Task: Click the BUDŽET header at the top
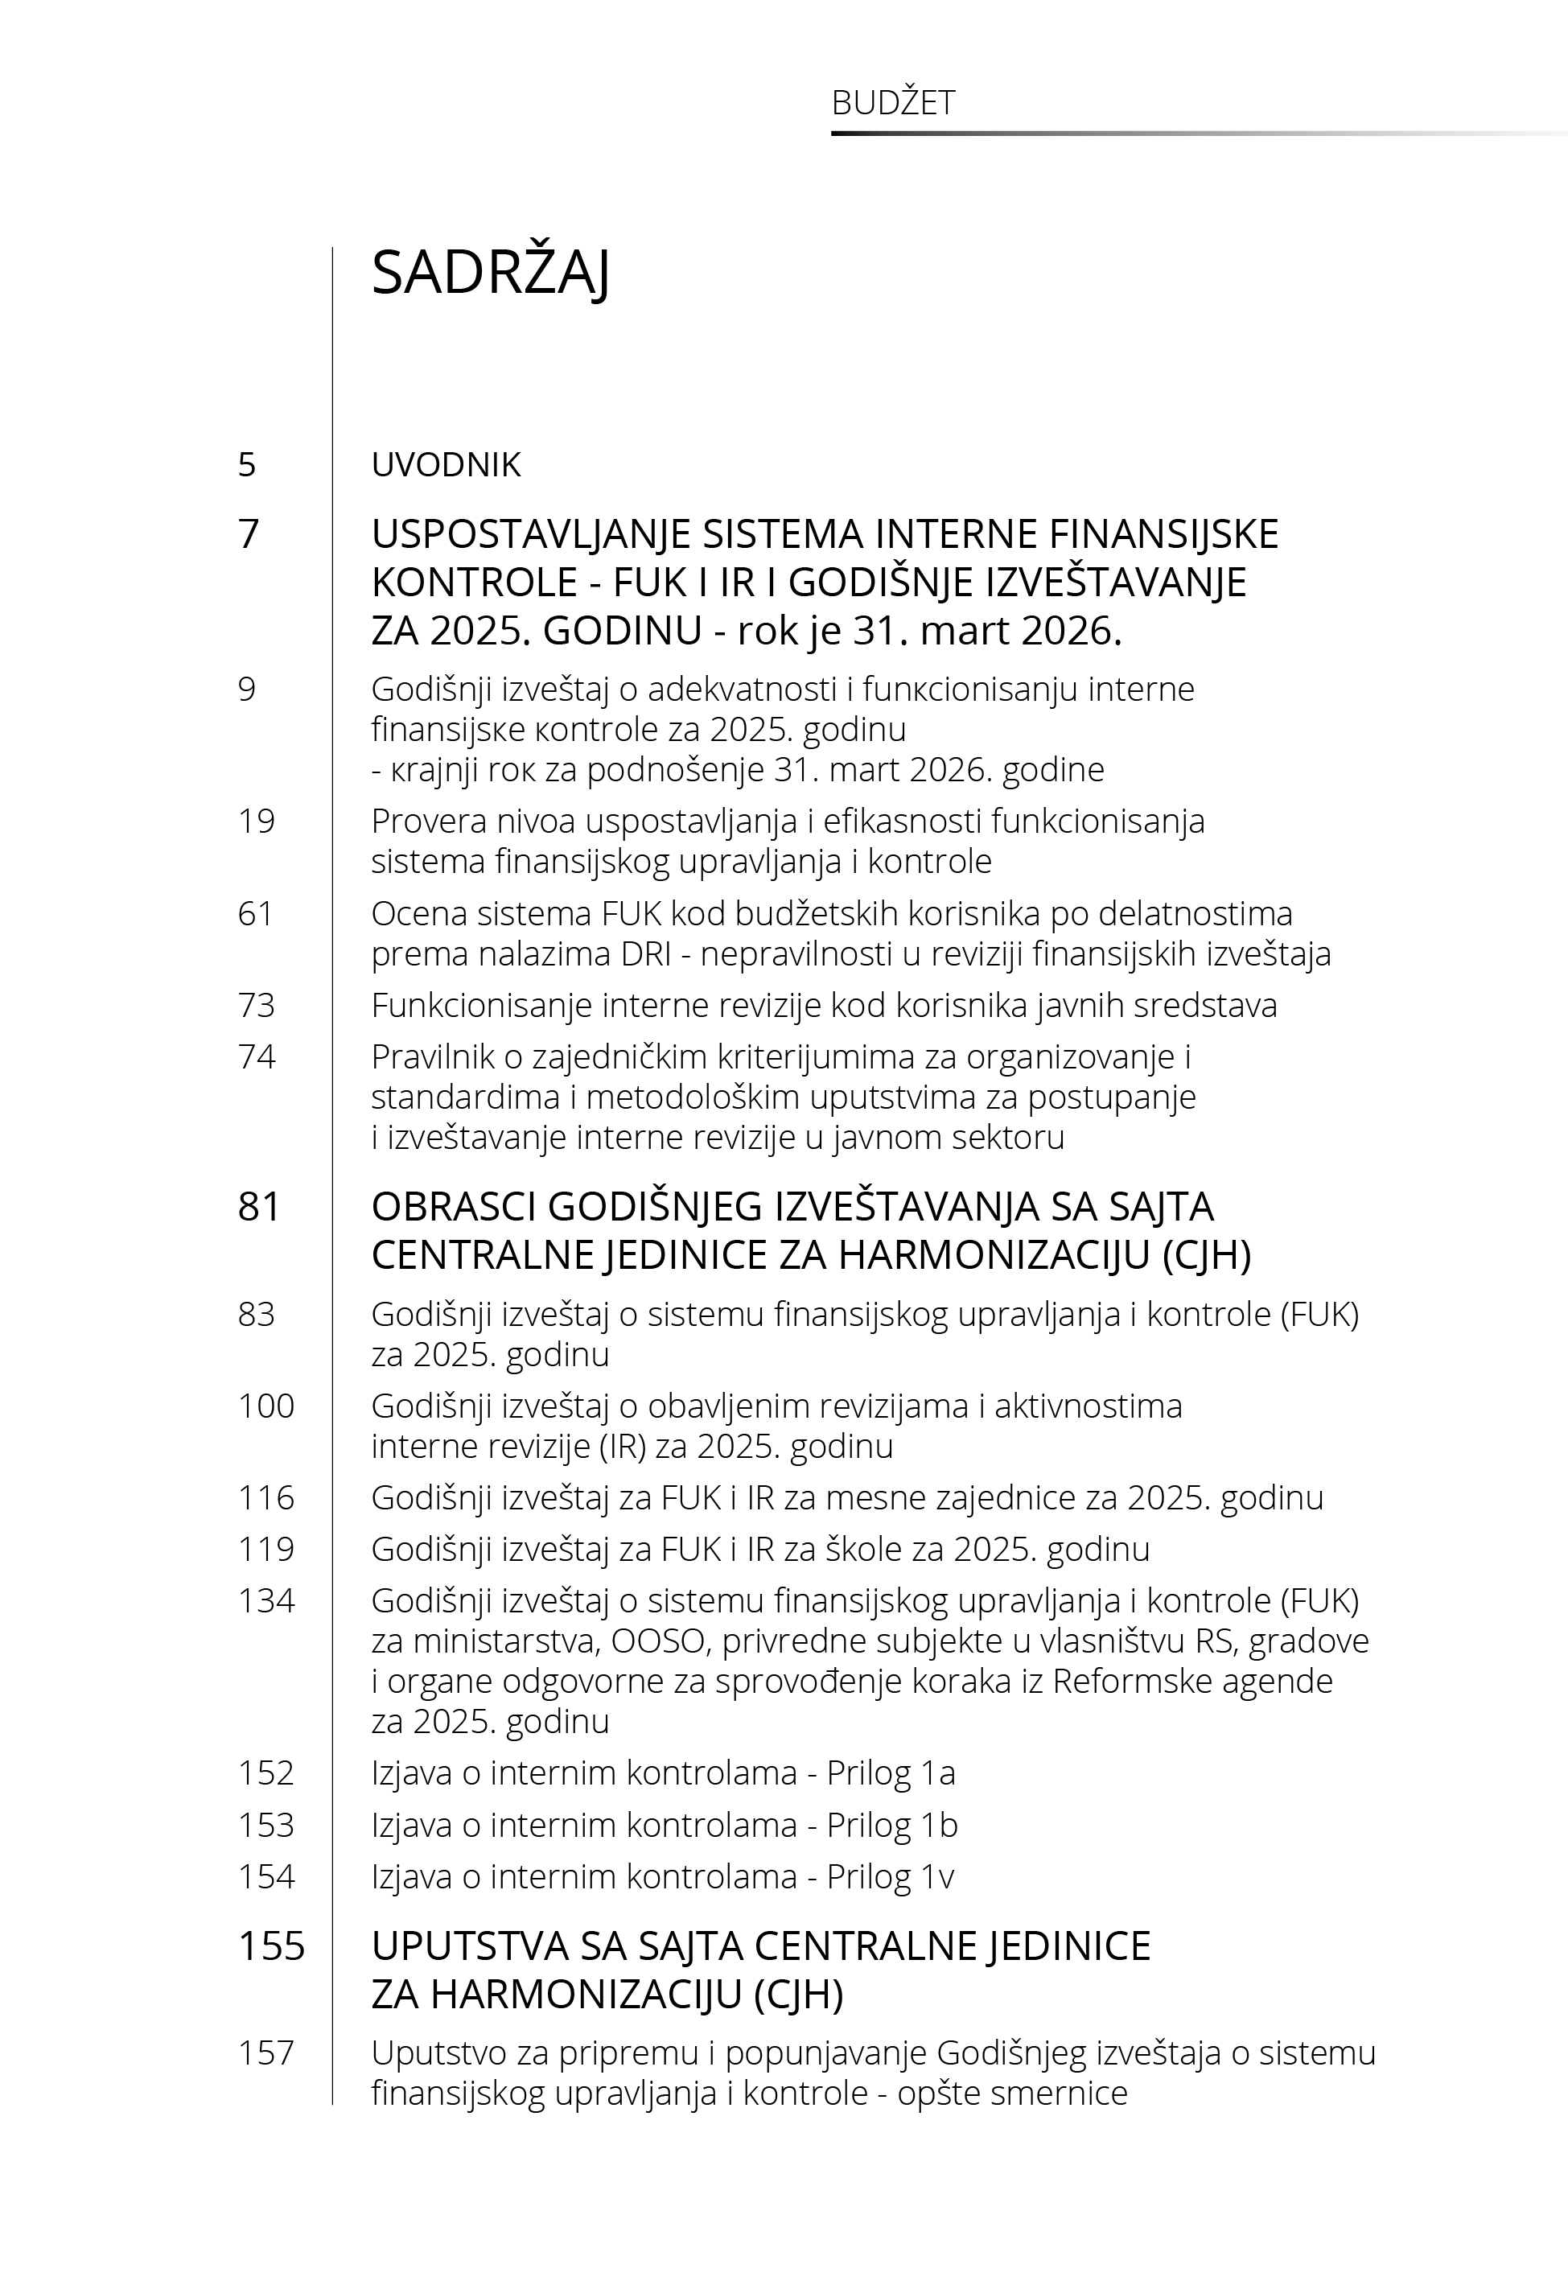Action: point(893,103)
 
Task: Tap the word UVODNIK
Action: point(446,465)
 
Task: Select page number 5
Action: point(247,465)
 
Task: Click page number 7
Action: point(249,533)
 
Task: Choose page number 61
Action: point(256,913)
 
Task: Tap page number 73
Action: point(257,1005)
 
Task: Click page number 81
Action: point(259,1206)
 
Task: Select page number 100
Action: point(266,1406)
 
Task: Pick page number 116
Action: point(266,1497)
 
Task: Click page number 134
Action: point(266,1600)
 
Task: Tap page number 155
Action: point(271,1946)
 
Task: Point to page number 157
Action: point(266,2052)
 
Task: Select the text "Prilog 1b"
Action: point(892,1824)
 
